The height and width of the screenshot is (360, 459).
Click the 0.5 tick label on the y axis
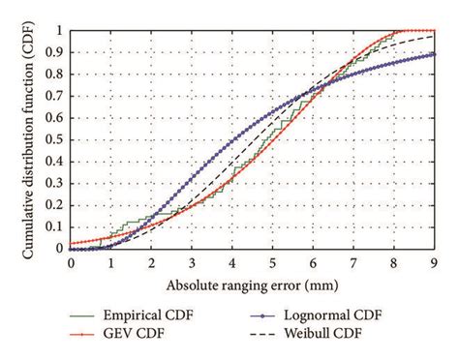tap(58, 139)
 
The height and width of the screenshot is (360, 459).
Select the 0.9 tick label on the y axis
tap(58, 52)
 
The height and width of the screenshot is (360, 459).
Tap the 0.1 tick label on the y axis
tap(58, 226)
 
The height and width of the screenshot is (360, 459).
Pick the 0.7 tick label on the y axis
tap(58, 96)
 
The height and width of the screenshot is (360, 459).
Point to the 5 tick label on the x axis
tap(273, 263)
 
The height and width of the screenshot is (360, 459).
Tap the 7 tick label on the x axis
tap(353, 263)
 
